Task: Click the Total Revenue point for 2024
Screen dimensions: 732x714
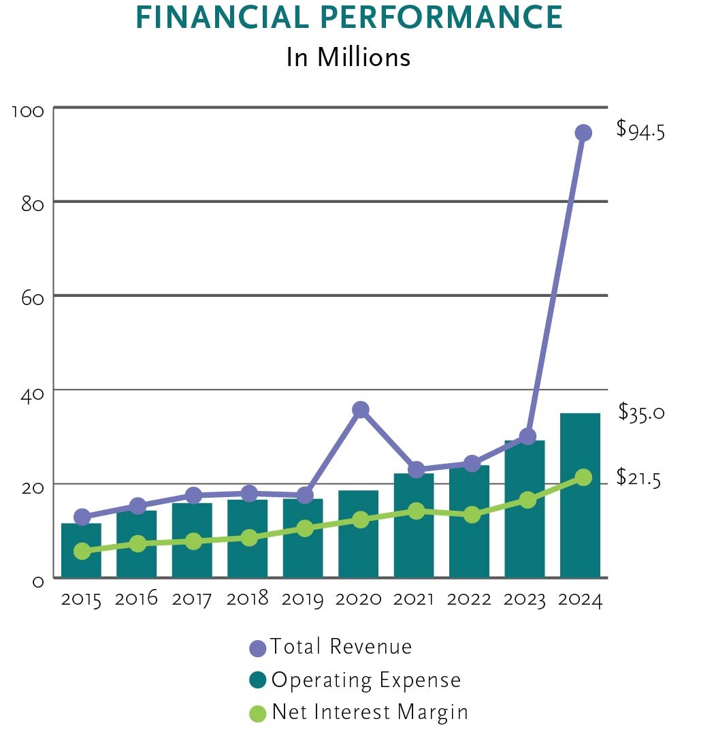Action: pos(583,132)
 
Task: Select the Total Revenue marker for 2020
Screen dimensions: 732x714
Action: pos(361,409)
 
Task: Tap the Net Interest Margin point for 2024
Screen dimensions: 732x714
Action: pos(583,477)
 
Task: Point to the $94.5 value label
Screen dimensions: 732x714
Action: pos(640,129)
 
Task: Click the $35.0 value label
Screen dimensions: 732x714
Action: pos(641,412)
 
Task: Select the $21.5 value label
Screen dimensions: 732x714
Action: pos(638,477)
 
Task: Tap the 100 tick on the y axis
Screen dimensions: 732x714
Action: pos(29,110)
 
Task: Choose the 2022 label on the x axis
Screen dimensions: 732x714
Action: pos(470,599)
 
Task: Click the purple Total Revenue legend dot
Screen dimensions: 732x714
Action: pos(258,648)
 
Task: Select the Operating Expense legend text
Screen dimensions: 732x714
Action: pos(366,680)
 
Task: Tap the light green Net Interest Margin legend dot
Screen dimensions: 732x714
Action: pos(258,714)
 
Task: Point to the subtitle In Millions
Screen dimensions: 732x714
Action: pos(348,57)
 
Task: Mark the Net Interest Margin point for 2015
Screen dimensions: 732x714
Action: pos(82,551)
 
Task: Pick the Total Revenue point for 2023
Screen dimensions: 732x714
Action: pos(528,436)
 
